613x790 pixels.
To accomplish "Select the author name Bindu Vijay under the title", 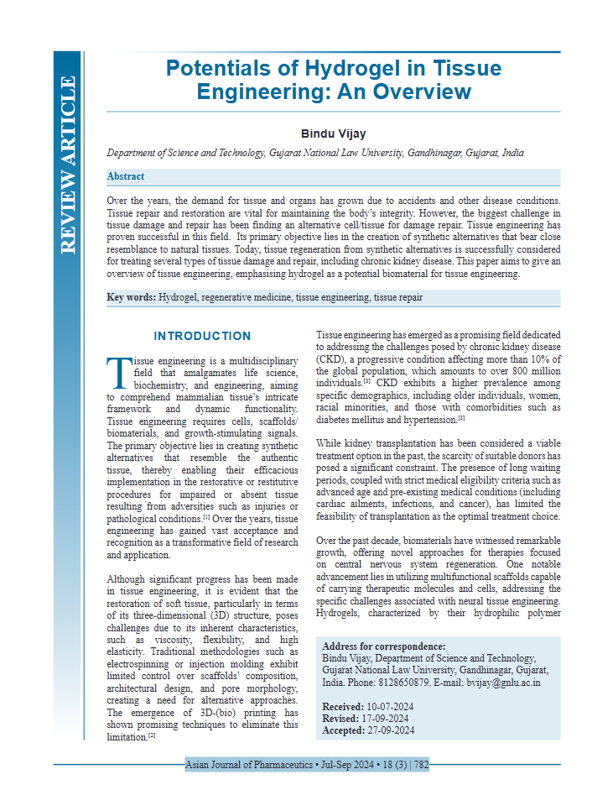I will pos(334,133).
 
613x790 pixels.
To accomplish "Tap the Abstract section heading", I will pos(126,177).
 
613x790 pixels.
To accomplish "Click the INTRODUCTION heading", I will pos(202,337).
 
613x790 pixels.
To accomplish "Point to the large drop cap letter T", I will pos(118,369).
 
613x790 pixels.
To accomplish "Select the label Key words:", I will pos(131,298).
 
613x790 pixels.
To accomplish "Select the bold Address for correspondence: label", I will pos(384,646).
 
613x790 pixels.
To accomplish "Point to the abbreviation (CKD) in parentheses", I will pos(330,358).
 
